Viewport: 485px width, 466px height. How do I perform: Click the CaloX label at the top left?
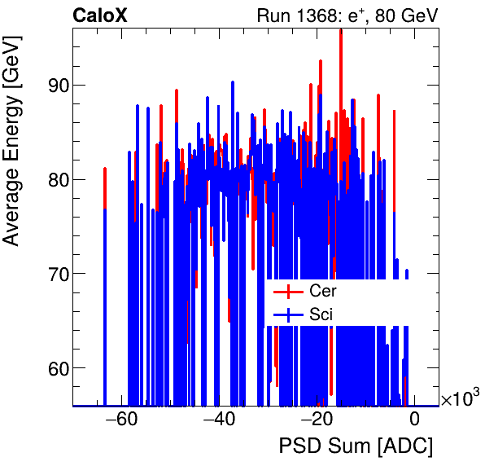point(100,15)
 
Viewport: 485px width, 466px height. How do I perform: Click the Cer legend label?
point(322,291)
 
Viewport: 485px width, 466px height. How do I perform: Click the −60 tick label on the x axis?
point(121,420)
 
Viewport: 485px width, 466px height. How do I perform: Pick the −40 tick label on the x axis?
point(219,420)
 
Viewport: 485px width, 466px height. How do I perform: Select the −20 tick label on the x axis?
point(317,420)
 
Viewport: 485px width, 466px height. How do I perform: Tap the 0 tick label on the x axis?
point(414,420)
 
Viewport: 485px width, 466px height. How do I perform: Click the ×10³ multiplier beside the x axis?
point(460,398)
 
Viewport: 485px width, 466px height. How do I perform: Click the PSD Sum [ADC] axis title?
point(356,446)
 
